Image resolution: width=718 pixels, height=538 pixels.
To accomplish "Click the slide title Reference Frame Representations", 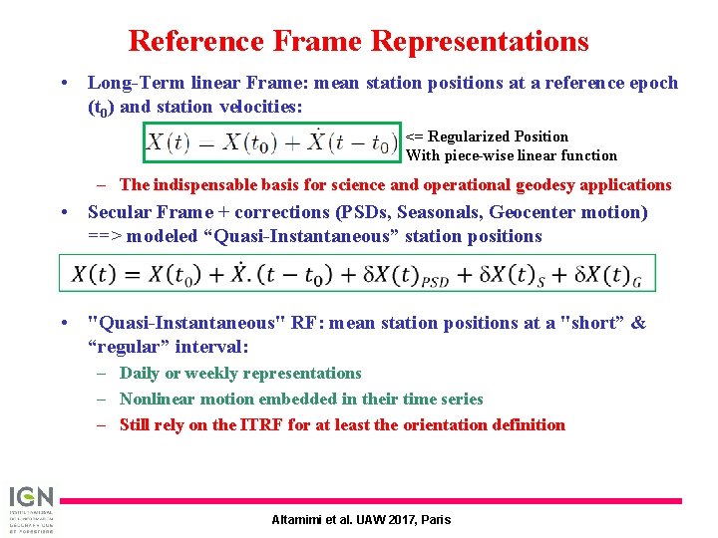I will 358,41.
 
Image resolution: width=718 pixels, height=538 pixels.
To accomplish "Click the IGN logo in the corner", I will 33,508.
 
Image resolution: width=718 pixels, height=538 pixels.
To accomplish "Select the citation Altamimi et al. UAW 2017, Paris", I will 361,519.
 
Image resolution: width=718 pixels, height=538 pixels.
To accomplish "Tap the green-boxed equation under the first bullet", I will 271,142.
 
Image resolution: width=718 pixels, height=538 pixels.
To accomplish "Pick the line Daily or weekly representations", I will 239,373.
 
